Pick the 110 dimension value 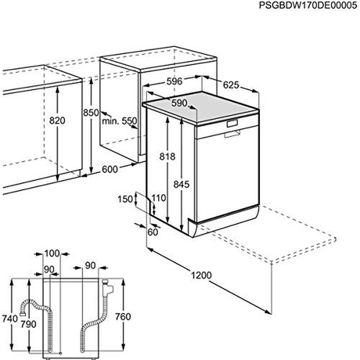[159, 197]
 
